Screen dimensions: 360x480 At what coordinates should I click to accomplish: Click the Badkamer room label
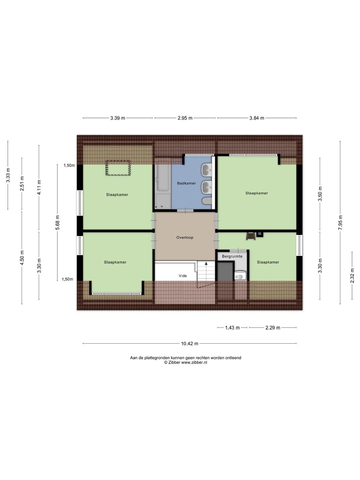[x=186, y=183]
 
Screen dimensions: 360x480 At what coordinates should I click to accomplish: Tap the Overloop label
[x=185, y=237]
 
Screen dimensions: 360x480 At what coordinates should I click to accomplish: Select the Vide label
[x=183, y=276]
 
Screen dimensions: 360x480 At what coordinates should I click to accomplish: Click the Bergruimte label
[x=232, y=256]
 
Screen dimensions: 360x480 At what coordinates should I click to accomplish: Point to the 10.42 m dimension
[x=190, y=344]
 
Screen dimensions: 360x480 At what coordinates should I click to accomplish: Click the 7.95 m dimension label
[x=340, y=222]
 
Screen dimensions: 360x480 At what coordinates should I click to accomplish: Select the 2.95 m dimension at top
[x=185, y=118]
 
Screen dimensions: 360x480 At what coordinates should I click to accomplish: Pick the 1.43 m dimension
[x=232, y=328]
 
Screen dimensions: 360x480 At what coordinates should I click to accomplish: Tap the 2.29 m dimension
[x=273, y=328]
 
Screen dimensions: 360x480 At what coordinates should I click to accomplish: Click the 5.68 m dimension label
[x=57, y=222]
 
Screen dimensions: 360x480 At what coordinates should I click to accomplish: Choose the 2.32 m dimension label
[x=352, y=276]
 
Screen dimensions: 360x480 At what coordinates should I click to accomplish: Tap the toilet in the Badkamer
[x=207, y=201]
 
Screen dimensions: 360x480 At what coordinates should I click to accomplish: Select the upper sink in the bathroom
[x=207, y=170]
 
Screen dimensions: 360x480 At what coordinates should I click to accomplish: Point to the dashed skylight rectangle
[x=118, y=168]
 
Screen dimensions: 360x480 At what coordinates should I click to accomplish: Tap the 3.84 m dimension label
[x=257, y=118]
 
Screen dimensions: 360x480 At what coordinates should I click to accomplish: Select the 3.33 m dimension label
[x=8, y=175]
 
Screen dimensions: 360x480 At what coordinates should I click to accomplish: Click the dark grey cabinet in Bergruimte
[x=225, y=271]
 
